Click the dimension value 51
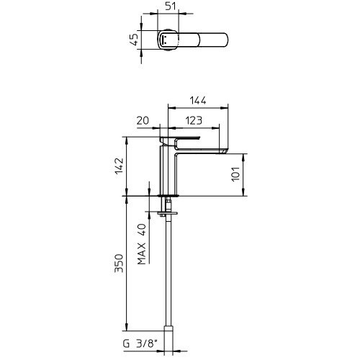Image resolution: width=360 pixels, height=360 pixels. (171, 6)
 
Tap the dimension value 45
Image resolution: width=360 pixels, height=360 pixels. (134, 40)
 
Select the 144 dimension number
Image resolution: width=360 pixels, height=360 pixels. (198, 101)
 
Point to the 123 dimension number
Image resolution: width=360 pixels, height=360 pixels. (194, 120)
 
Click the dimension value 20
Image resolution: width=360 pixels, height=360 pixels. (143, 120)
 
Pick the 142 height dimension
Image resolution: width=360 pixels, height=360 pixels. (120, 166)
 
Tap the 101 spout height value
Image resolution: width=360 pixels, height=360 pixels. (235, 174)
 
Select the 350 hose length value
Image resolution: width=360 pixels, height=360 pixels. (119, 264)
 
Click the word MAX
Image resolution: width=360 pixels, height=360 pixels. (142, 253)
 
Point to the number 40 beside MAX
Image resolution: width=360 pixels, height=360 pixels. (142, 230)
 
